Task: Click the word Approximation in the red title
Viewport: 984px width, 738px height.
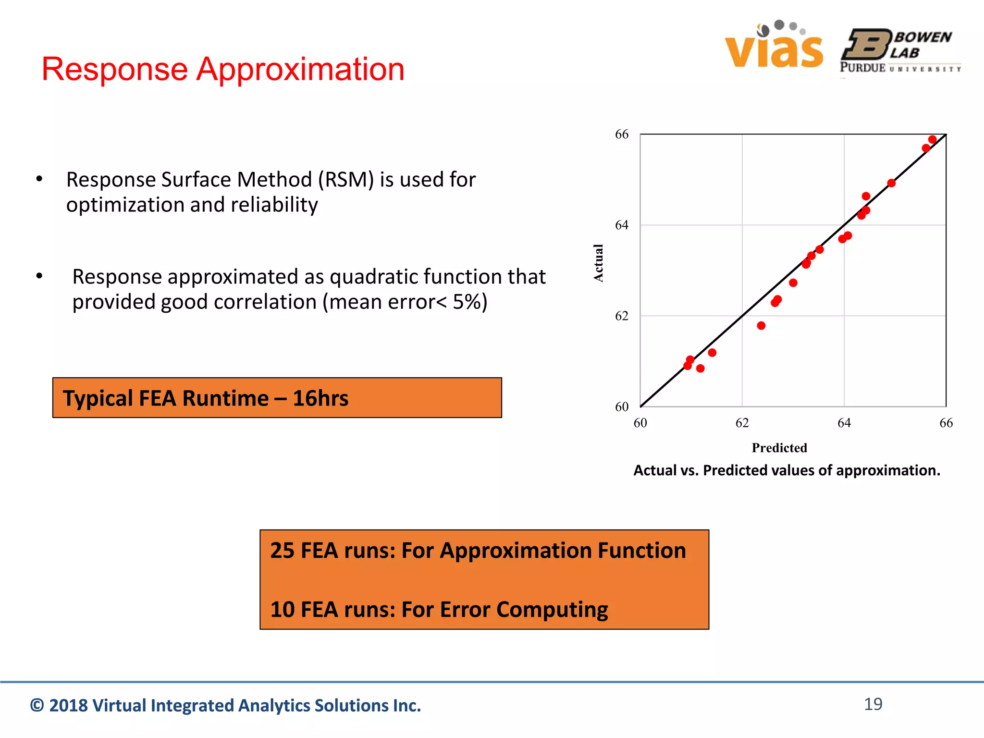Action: point(301,69)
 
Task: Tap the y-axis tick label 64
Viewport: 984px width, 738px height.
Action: point(621,225)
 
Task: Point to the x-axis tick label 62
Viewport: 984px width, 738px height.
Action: point(742,423)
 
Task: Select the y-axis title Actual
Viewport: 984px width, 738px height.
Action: point(598,263)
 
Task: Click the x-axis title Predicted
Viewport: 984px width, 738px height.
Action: point(779,448)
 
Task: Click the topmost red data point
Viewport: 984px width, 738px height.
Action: point(932,139)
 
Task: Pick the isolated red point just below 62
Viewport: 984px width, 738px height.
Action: point(761,326)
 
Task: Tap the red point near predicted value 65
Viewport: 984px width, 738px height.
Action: point(891,183)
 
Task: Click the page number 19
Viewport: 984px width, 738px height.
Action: point(873,704)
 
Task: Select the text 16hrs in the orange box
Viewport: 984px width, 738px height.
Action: point(320,398)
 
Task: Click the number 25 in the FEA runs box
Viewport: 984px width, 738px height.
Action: point(282,551)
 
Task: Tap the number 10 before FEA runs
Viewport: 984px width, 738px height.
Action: point(282,610)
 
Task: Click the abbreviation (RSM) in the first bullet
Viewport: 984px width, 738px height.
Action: point(346,180)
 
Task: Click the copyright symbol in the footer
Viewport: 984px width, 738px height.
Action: point(37,705)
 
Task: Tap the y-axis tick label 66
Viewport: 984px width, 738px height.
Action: point(621,135)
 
